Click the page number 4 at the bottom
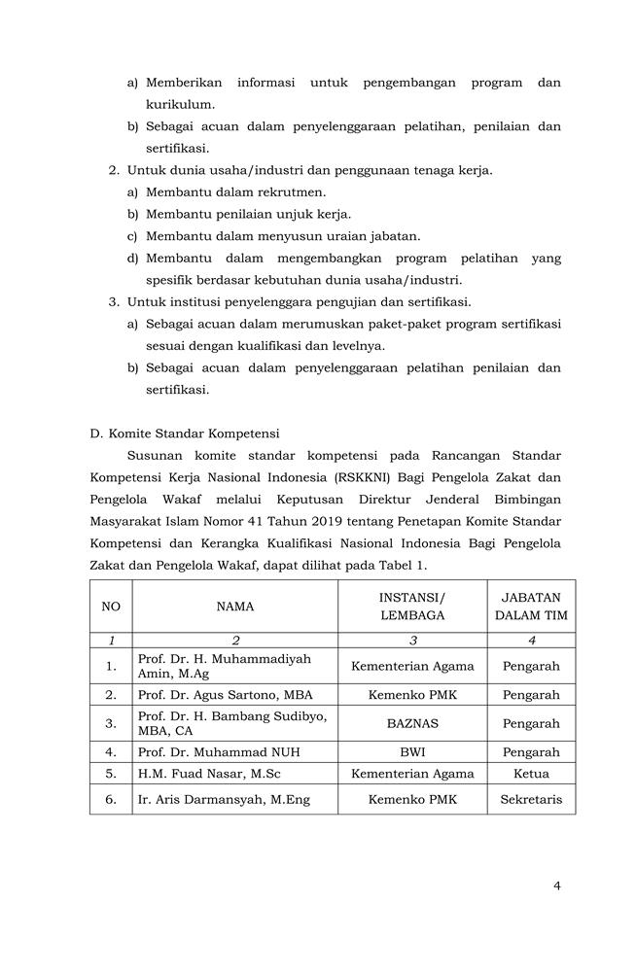557,885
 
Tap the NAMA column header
235,607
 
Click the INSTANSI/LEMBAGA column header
412,607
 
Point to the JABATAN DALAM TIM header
531,607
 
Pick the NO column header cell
111,607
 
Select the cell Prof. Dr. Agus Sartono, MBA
225,695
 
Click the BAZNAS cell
412,723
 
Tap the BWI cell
412,752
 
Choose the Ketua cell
531,774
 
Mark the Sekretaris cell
531,800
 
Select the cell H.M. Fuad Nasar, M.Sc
207,774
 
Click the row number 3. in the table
111,723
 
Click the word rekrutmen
292,192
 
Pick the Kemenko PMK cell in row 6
412,800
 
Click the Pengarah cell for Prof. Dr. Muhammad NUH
531,752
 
